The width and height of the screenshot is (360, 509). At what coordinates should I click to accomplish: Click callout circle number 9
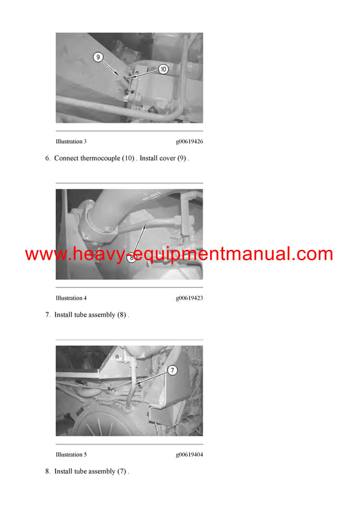coord(98,57)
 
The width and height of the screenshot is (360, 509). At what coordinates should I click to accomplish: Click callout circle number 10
coord(163,69)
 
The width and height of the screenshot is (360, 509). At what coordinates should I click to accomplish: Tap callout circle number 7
coord(173,370)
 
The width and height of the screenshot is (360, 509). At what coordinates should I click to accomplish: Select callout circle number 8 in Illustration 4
coord(131,258)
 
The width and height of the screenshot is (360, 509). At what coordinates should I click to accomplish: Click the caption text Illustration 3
coord(71,141)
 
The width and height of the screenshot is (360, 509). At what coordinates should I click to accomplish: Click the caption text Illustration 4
coord(71,298)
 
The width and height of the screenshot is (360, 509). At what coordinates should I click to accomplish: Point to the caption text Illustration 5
coord(71,454)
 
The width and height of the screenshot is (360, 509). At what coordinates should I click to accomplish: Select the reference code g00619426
coord(190,141)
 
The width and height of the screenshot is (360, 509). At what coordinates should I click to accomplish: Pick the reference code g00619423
coord(190,298)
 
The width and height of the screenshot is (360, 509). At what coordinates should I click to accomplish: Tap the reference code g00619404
coord(190,454)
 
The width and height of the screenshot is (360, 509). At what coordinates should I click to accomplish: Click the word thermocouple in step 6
coord(100,158)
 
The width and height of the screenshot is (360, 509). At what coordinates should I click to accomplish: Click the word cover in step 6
coord(167,159)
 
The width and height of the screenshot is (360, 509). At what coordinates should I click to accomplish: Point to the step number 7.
coord(48,315)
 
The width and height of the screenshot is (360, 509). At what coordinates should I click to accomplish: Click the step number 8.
coord(48,471)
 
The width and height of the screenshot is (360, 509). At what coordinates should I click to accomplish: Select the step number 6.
coord(48,158)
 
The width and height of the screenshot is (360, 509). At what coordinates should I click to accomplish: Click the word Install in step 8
coord(64,471)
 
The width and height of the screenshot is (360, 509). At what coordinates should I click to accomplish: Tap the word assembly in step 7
coord(101,315)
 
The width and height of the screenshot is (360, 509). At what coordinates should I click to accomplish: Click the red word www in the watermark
coord(46,254)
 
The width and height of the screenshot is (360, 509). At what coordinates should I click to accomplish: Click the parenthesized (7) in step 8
coord(122,471)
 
